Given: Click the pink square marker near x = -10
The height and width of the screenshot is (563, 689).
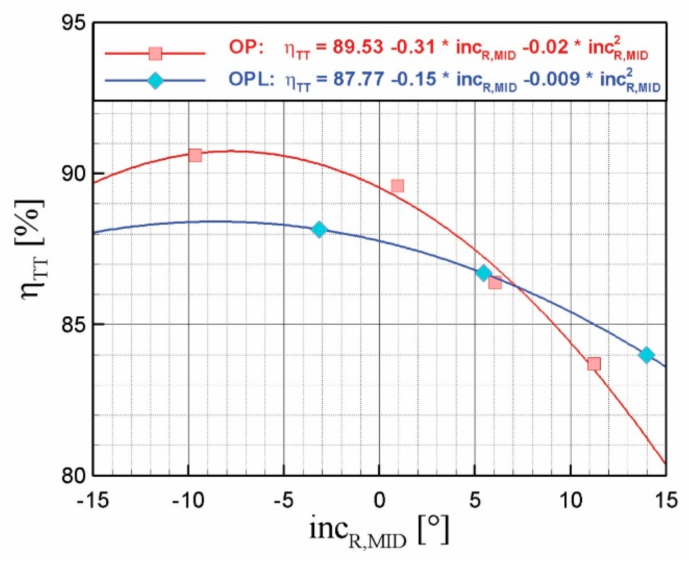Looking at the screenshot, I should [195, 155].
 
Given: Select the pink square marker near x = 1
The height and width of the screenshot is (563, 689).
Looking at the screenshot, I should [397, 186].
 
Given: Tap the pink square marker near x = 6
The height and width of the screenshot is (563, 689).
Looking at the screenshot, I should [495, 283].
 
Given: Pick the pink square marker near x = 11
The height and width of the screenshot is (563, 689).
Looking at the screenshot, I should [594, 364].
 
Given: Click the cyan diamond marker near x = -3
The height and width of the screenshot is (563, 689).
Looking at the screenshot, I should [319, 230].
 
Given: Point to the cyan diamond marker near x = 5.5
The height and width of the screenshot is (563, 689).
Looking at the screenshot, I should [483, 273].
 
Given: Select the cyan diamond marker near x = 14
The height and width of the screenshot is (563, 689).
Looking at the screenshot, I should [647, 355].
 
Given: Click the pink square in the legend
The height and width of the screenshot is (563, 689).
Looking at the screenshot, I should [155, 53].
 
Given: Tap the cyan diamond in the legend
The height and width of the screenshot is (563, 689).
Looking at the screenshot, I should [155, 81].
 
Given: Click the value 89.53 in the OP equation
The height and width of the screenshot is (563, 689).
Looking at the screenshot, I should [358, 47].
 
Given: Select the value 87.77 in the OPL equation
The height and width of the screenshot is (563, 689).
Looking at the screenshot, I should [358, 80].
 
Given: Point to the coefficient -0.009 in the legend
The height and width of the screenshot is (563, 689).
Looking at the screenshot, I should [551, 80].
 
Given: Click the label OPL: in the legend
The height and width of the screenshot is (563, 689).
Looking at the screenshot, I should [251, 80].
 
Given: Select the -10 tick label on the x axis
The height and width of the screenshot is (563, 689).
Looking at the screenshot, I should [188, 500].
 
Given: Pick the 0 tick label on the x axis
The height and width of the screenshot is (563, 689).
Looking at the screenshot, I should [379, 500].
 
